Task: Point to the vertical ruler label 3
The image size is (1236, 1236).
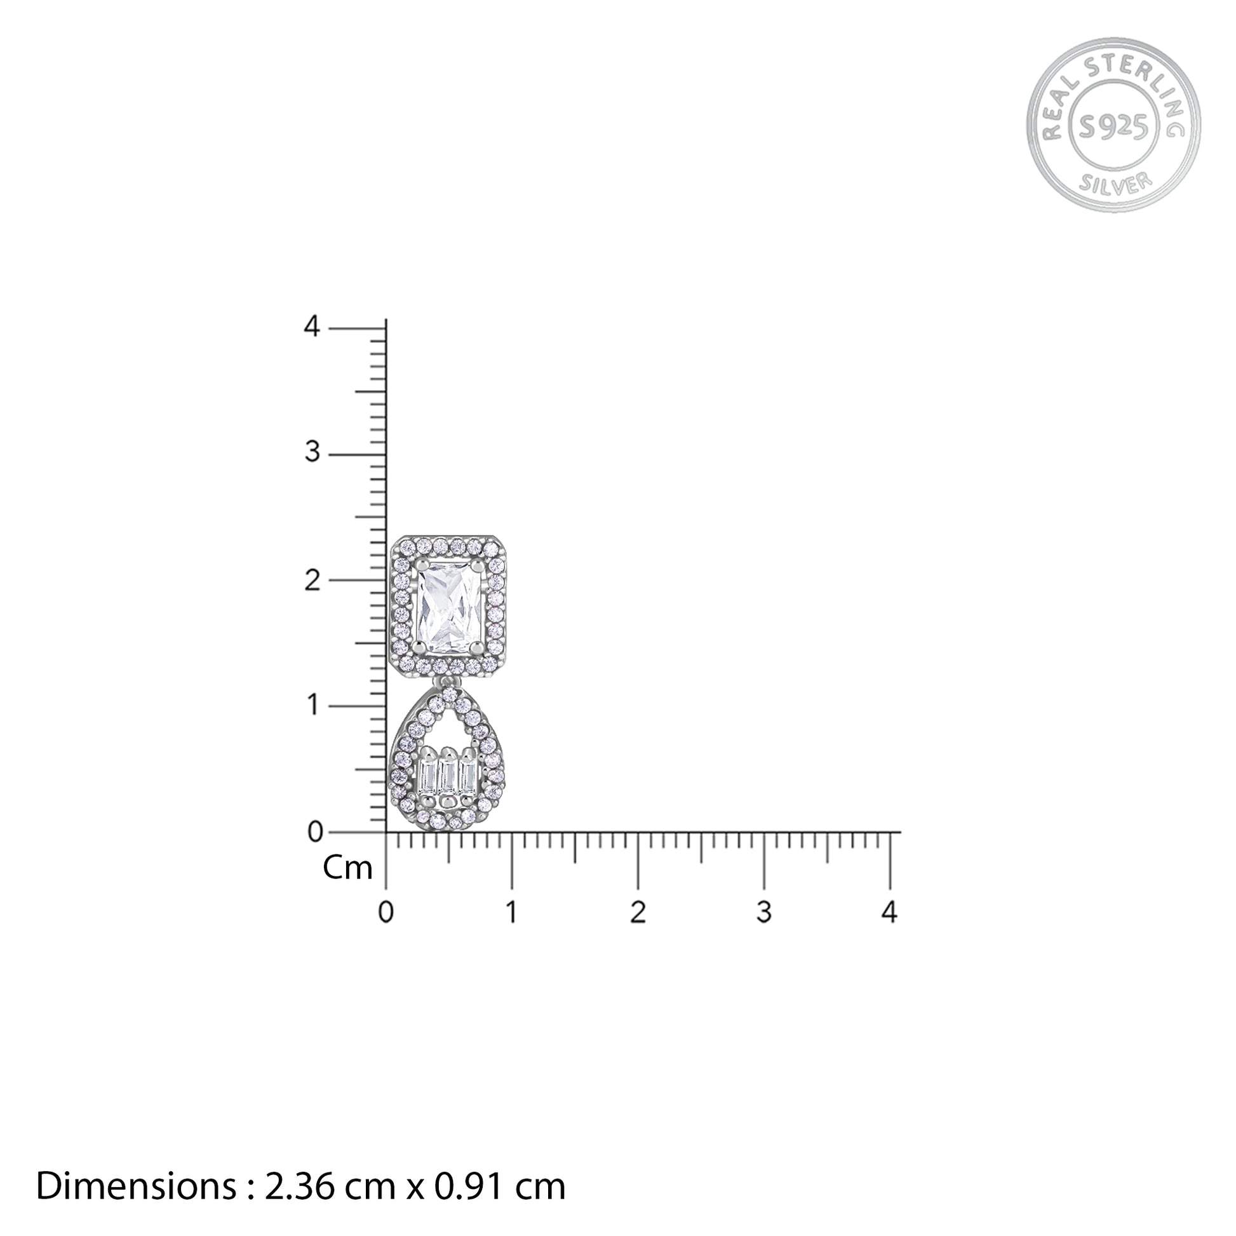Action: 312,452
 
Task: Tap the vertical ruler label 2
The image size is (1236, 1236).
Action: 312,581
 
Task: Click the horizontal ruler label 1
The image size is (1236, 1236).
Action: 511,911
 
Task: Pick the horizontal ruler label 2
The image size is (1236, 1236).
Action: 637,911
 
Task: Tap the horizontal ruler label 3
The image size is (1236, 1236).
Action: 763,911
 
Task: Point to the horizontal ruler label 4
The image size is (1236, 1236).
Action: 890,911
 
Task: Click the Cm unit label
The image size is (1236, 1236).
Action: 347,868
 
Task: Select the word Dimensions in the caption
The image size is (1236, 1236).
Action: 137,1186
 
